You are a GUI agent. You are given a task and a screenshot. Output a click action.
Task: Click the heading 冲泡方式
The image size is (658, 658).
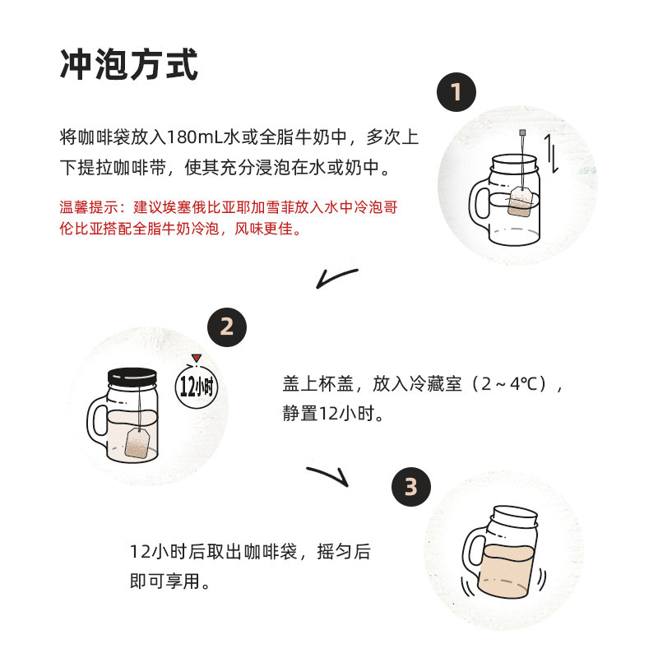(129, 64)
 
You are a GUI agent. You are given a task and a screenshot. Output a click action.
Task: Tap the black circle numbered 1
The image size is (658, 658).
(456, 92)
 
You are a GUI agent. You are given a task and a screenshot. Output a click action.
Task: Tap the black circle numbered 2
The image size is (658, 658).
(227, 327)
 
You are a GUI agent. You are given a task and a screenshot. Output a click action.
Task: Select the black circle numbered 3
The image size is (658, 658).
(410, 486)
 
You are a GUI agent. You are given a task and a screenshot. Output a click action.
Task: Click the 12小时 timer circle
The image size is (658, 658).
(197, 386)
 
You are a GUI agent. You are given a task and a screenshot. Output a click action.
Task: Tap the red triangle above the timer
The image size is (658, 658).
(197, 358)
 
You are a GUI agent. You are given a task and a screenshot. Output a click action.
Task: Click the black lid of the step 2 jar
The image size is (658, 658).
(132, 377)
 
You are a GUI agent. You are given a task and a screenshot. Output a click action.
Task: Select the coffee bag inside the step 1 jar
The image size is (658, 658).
(520, 202)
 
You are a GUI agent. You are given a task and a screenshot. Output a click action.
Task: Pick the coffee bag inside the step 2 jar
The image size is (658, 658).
(137, 443)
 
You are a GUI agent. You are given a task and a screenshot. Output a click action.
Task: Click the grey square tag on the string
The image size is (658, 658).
(522, 132)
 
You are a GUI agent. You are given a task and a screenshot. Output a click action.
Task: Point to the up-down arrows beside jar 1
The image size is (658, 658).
(552, 154)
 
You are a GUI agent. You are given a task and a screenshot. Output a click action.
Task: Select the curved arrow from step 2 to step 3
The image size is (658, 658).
(330, 475)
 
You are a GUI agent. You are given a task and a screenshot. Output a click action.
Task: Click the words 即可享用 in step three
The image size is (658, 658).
(164, 582)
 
